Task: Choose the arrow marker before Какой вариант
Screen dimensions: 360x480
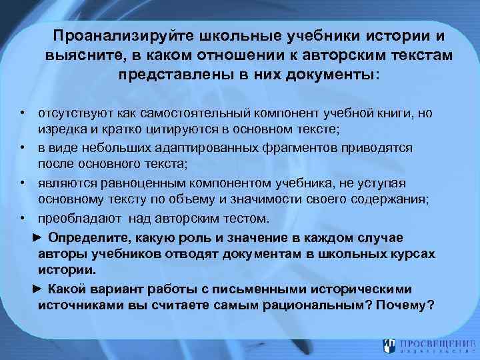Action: [x=37, y=289]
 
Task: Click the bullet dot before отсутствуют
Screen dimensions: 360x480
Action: [x=22, y=113]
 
